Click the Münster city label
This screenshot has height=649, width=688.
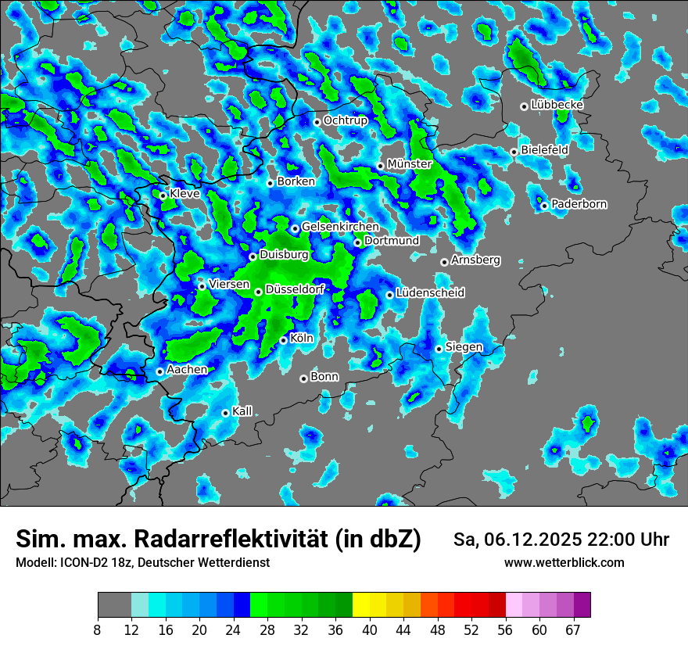pos(409,164)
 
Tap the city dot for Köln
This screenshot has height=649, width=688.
pos(283,340)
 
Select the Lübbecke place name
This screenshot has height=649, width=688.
pos(557,105)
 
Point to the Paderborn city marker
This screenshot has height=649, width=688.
pos(544,206)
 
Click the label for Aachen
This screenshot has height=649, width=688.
pos(187,370)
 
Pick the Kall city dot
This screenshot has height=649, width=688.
pos(225,413)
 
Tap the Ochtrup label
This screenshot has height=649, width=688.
pos(345,120)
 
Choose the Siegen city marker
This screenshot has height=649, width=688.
pos(439,349)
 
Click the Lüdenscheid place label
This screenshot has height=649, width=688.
pos(430,293)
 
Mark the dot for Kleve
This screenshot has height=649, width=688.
pos(163,195)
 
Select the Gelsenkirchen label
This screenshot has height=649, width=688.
pos(340,227)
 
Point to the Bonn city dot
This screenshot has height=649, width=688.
pos(303,378)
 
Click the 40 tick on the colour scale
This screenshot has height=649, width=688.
pos(370,630)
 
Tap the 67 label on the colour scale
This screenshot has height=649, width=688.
pos(573,630)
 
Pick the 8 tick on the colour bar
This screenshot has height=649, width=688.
pos(98,630)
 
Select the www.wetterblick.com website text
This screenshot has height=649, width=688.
pos(564,562)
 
